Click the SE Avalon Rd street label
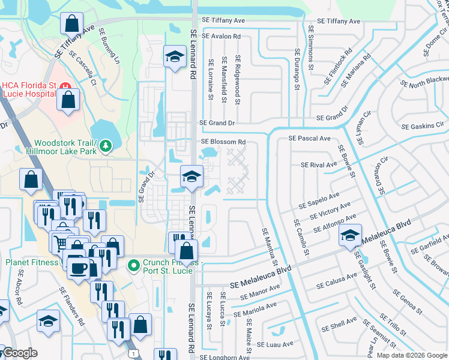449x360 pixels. (221, 36)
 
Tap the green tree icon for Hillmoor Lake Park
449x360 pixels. (106, 146)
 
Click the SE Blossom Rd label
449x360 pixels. (223, 142)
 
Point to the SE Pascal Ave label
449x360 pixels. (309, 138)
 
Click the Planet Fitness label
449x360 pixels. (32, 262)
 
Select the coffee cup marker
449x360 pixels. (77, 268)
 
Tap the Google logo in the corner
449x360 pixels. (19, 353)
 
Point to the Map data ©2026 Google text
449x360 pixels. (411, 355)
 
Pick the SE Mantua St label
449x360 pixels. (268, 247)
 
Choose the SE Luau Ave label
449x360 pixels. (275, 344)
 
